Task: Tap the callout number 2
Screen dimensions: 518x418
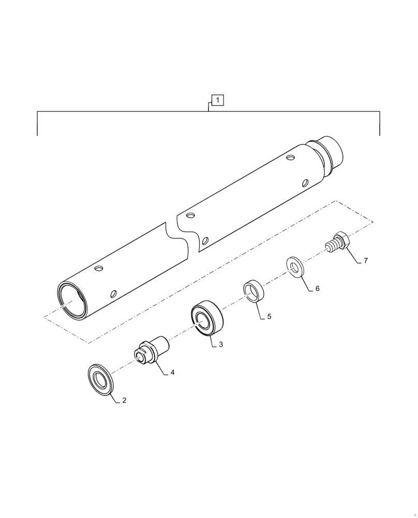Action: pyautogui.click(x=124, y=400)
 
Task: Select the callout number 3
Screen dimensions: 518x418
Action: pyautogui.click(x=221, y=344)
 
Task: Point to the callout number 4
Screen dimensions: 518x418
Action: pyautogui.click(x=172, y=372)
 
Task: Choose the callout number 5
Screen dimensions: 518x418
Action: pyautogui.click(x=269, y=316)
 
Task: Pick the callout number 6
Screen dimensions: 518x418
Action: pyautogui.click(x=317, y=289)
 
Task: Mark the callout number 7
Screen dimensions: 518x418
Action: pyautogui.click(x=365, y=261)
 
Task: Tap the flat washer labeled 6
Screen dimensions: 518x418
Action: pyautogui.click(x=296, y=267)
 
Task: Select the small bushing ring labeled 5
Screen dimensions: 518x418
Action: pyautogui.click(x=254, y=291)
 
